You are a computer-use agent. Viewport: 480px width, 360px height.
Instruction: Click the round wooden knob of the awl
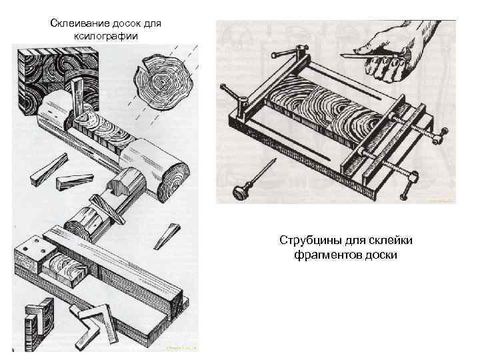pyautogui.click(x=239, y=191)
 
